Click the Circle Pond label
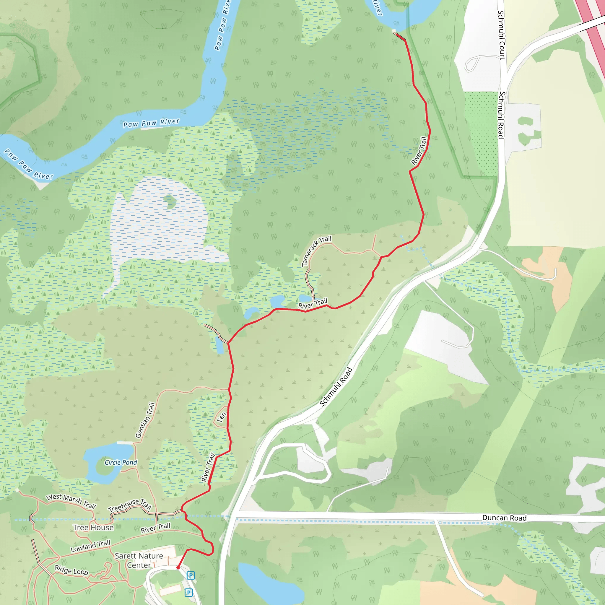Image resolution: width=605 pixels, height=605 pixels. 121,463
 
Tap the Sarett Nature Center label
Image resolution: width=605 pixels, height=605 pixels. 139,560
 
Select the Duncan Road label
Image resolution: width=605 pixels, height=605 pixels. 504,518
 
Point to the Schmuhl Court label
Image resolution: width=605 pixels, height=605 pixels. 501,35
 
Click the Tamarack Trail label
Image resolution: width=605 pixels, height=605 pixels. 316,251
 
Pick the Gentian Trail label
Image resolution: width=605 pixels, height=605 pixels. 145,420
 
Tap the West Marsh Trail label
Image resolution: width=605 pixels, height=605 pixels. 71,501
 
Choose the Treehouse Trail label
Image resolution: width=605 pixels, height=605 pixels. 130,505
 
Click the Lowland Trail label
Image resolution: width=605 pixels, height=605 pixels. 90,546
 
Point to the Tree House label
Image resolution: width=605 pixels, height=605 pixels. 93,528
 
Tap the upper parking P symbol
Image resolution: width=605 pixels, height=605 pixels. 191,575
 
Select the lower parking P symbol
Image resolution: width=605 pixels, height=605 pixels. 188,593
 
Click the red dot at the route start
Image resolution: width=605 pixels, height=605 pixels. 178,568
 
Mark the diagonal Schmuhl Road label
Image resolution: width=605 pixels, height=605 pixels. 336,387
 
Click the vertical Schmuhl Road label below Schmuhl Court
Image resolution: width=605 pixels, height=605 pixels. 501,115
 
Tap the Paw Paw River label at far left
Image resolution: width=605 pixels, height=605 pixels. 28,165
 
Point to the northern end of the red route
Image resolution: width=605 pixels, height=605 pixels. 395,32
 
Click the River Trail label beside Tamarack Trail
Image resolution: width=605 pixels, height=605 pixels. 313,303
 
